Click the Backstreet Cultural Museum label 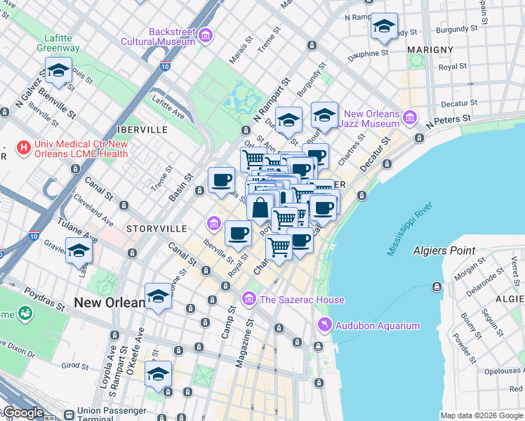[x=171, y=36]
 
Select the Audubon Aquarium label [x=378, y=326]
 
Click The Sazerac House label [x=302, y=300]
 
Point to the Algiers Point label [x=444, y=250]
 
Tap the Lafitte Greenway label [x=59, y=43]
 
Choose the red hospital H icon [x=24, y=148]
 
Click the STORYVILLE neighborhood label [x=157, y=229]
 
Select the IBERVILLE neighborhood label [x=142, y=130]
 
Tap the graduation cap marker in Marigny [x=384, y=27]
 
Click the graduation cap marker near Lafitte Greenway [x=59, y=70]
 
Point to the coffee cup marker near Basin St [x=222, y=180]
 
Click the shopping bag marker [x=260, y=208]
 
